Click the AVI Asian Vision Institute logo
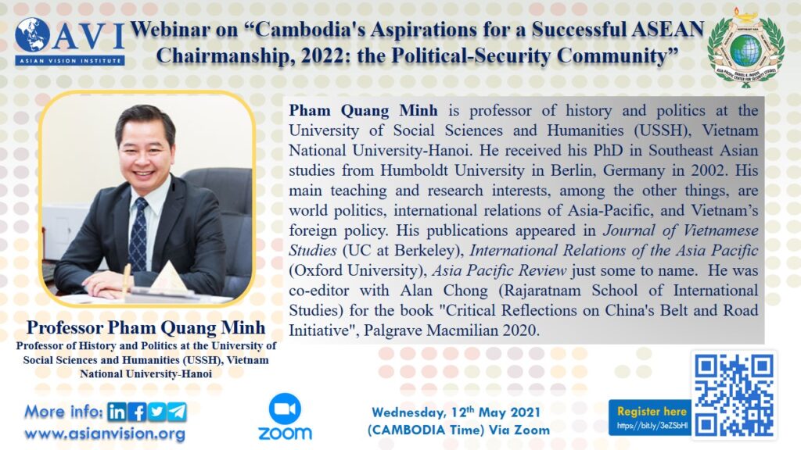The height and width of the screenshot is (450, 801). (x=70, y=41)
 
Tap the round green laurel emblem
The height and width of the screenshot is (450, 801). (x=745, y=48)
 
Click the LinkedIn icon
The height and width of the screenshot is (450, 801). (x=117, y=412)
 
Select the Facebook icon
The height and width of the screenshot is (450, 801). (x=138, y=412)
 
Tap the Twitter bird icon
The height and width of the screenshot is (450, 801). (x=157, y=412)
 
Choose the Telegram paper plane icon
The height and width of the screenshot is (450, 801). (x=178, y=412)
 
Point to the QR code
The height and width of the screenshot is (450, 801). (x=734, y=395)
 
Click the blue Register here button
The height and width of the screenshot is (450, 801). (x=650, y=417)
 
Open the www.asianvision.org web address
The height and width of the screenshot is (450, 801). (x=105, y=434)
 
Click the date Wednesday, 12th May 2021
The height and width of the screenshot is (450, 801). (x=456, y=412)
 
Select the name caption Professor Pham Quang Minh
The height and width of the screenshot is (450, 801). (x=146, y=327)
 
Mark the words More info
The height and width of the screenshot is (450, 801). (x=64, y=411)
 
